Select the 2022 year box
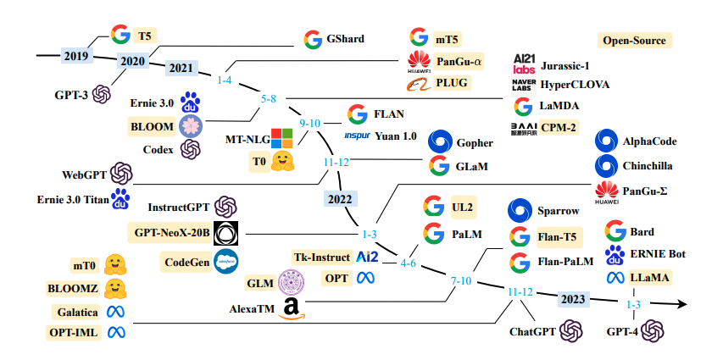point(341,198)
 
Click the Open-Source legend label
point(634,41)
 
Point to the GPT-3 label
point(70,95)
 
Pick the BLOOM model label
point(151,127)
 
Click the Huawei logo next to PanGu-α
point(418,60)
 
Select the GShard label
point(348,39)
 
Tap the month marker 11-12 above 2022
point(336,161)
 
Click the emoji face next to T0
point(282,161)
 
